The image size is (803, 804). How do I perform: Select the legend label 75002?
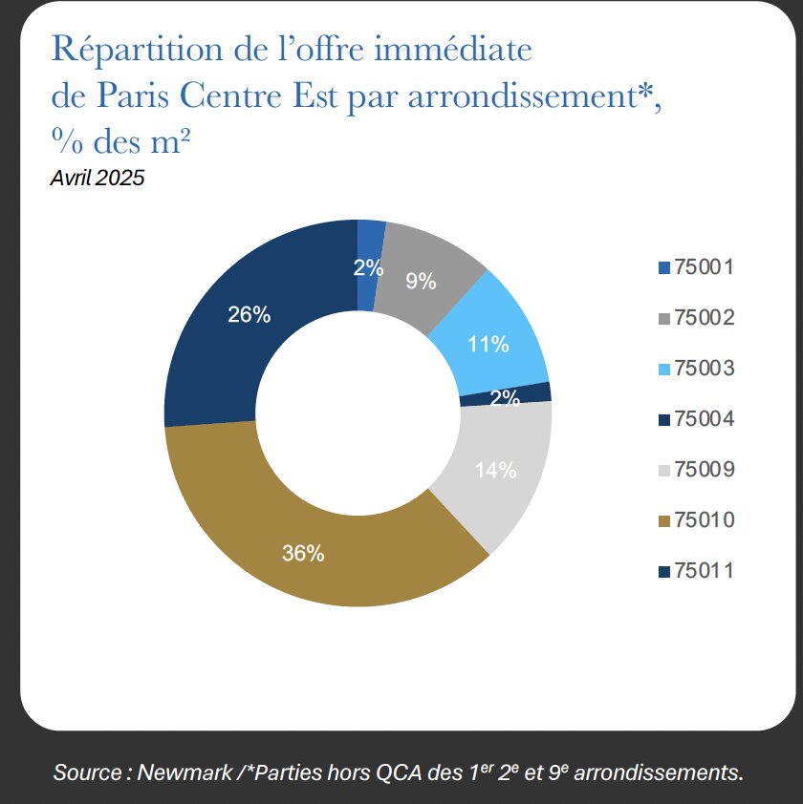point(704,317)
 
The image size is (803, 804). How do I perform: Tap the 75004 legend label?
point(704,418)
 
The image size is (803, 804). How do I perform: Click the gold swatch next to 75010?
point(664,521)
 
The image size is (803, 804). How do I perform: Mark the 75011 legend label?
point(704,571)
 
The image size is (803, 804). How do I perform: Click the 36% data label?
point(303,553)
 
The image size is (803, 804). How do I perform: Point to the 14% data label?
point(496,470)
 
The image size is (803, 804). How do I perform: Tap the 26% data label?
point(249,314)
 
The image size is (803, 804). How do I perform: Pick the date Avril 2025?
point(97,178)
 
